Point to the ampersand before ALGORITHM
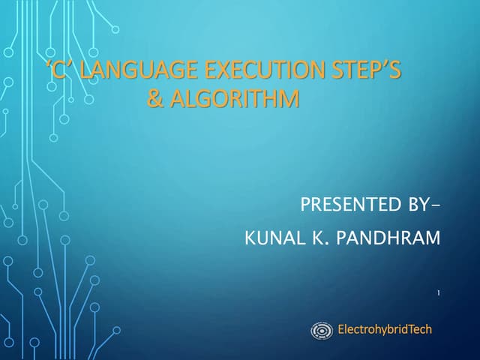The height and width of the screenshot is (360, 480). pyautogui.click(x=155, y=99)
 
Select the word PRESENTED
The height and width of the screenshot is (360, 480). pyautogui.click(x=346, y=205)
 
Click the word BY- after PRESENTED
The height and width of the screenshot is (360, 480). pyautogui.click(x=418, y=205)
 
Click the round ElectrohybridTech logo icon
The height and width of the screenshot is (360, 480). pyautogui.click(x=322, y=330)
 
